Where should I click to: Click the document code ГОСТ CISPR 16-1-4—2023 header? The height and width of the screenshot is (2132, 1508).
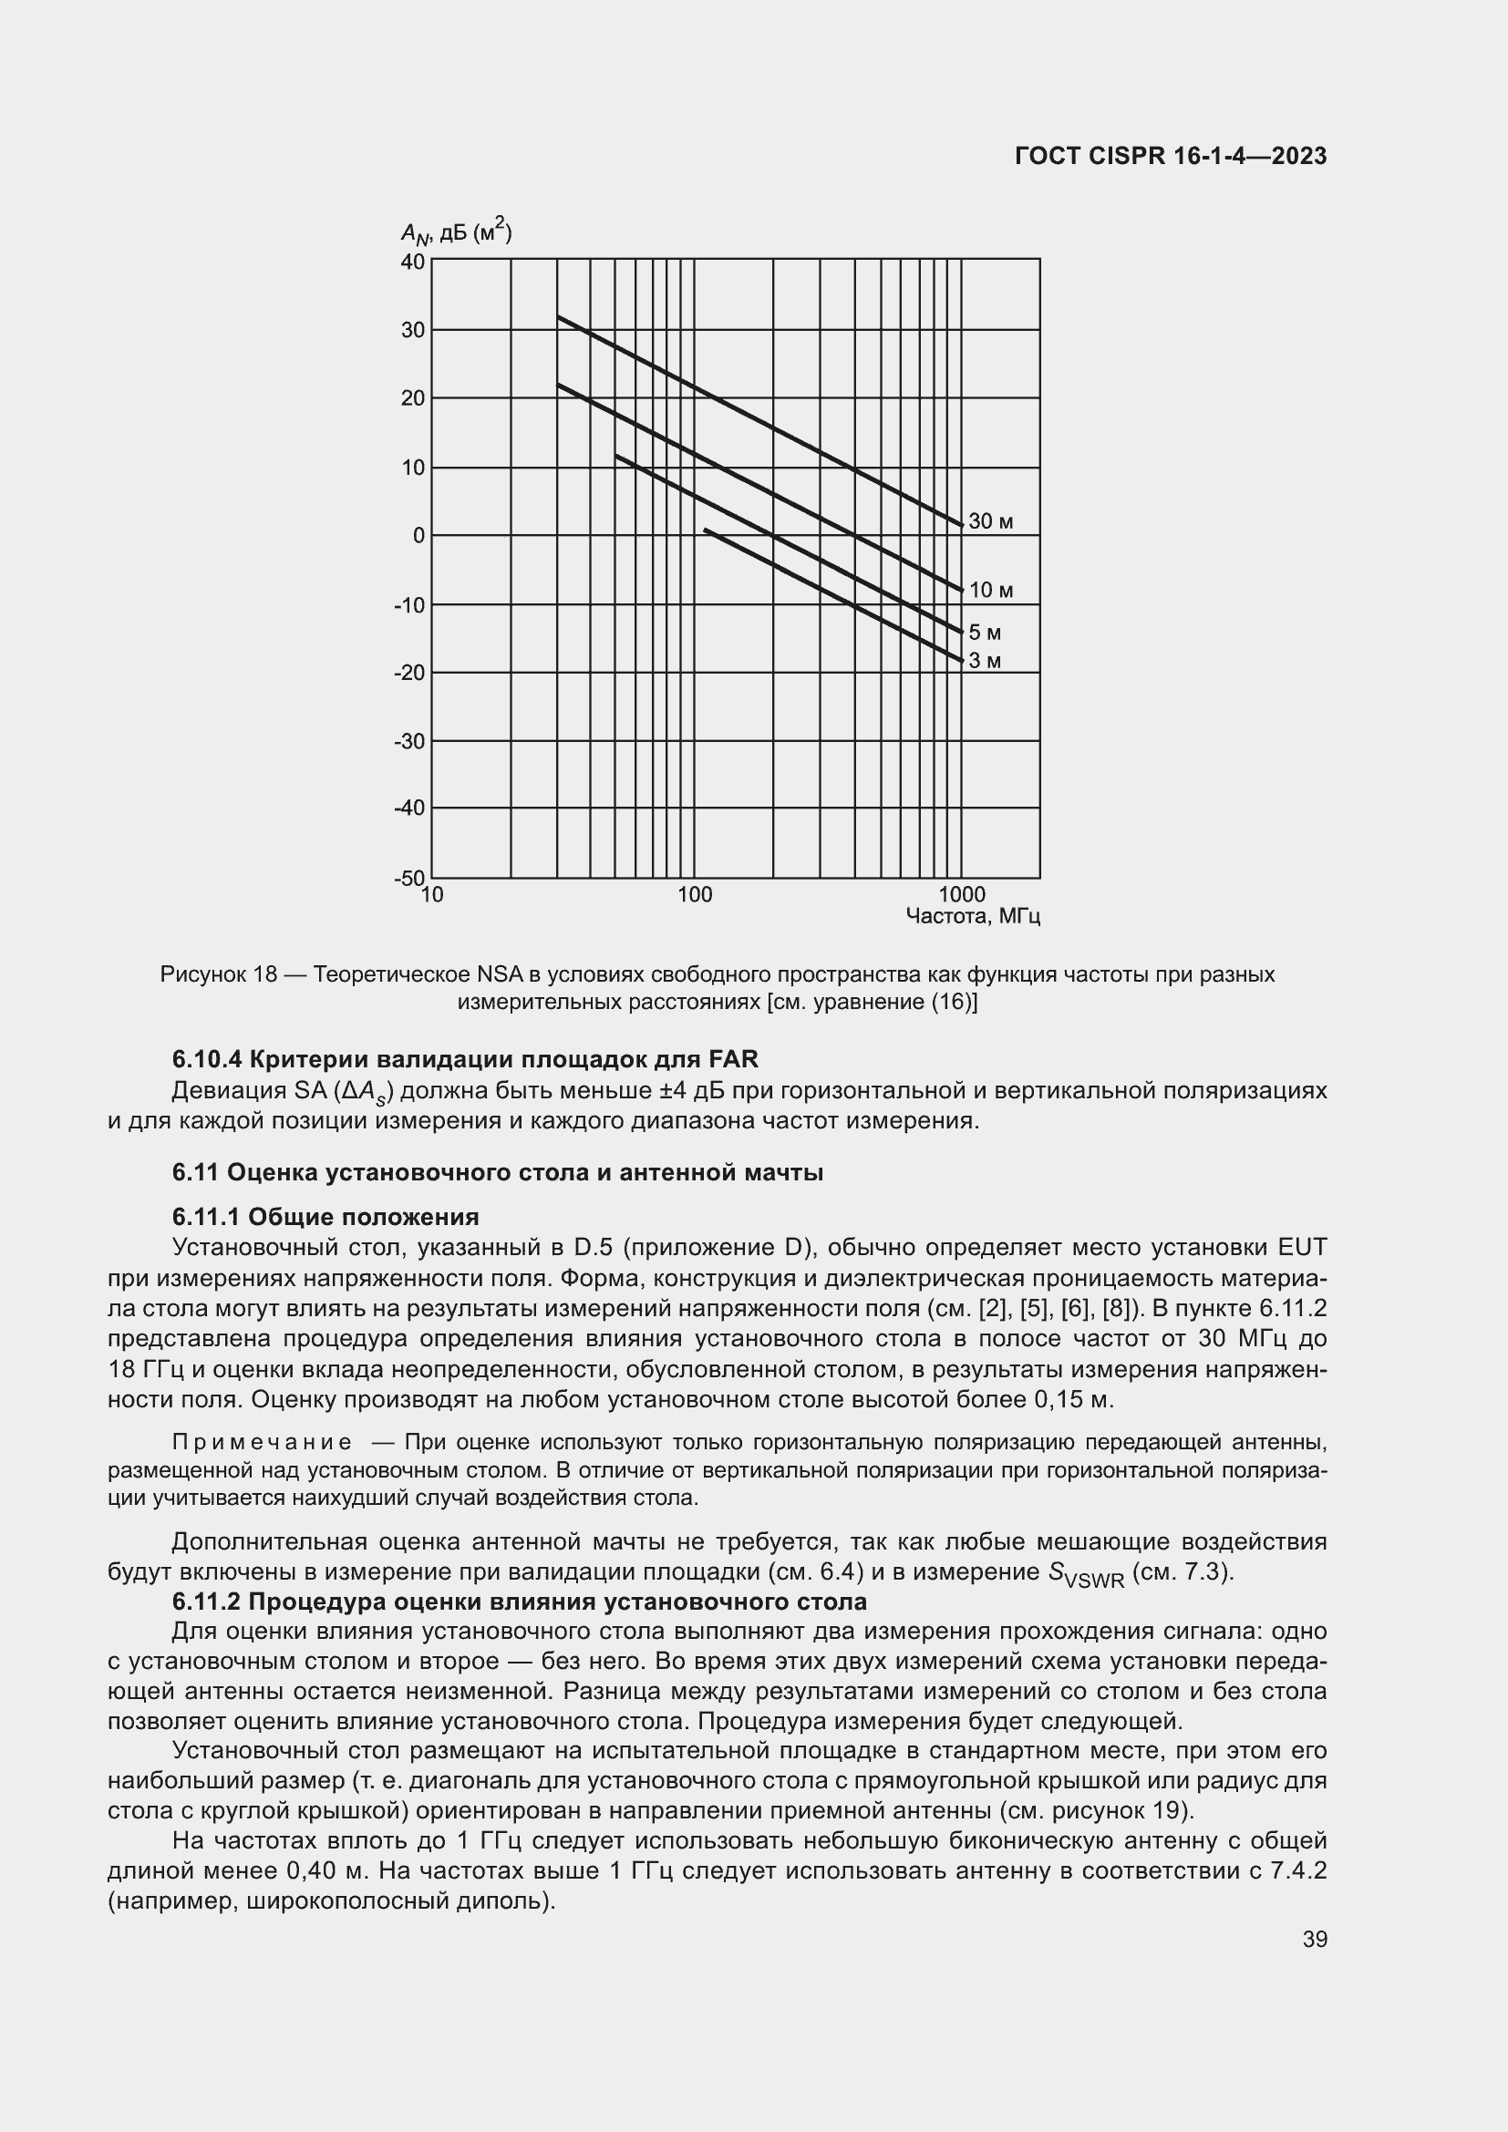(1170, 156)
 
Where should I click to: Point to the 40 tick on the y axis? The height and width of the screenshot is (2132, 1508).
(412, 262)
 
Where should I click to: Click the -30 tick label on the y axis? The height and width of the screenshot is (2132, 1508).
(409, 741)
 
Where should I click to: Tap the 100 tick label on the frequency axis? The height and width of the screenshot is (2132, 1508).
(694, 895)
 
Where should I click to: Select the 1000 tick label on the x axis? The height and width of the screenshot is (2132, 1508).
(962, 895)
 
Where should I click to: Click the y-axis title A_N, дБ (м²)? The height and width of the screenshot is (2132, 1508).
(456, 232)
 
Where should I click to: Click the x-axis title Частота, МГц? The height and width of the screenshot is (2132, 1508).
(972, 916)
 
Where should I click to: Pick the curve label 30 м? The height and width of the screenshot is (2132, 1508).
(990, 522)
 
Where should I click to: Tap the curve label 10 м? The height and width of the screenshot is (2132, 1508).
(990, 591)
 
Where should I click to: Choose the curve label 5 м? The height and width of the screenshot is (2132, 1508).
(985, 633)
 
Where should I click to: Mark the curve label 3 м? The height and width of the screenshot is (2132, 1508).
(985, 661)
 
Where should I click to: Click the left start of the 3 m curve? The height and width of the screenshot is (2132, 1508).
(707, 530)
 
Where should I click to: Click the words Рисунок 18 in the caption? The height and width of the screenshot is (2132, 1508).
(219, 975)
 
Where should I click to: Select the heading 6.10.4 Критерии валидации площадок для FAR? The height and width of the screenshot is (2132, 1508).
(464, 1059)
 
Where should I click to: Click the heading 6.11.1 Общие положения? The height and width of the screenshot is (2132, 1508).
(325, 1217)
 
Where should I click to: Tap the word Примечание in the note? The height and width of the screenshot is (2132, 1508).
(263, 1442)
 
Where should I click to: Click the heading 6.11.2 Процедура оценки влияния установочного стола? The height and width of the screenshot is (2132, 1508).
(519, 1602)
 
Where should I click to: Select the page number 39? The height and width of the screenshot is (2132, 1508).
(1314, 1939)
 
